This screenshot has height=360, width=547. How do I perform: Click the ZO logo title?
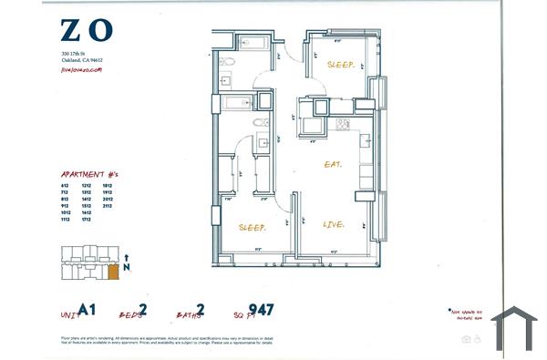click(88, 31)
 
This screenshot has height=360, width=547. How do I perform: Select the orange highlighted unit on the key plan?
click(112, 271)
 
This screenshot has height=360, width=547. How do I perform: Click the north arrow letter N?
click(127, 269)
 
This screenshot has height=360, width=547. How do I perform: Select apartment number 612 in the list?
click(66, 185)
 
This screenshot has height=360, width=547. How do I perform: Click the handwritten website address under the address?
click(81, 69)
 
